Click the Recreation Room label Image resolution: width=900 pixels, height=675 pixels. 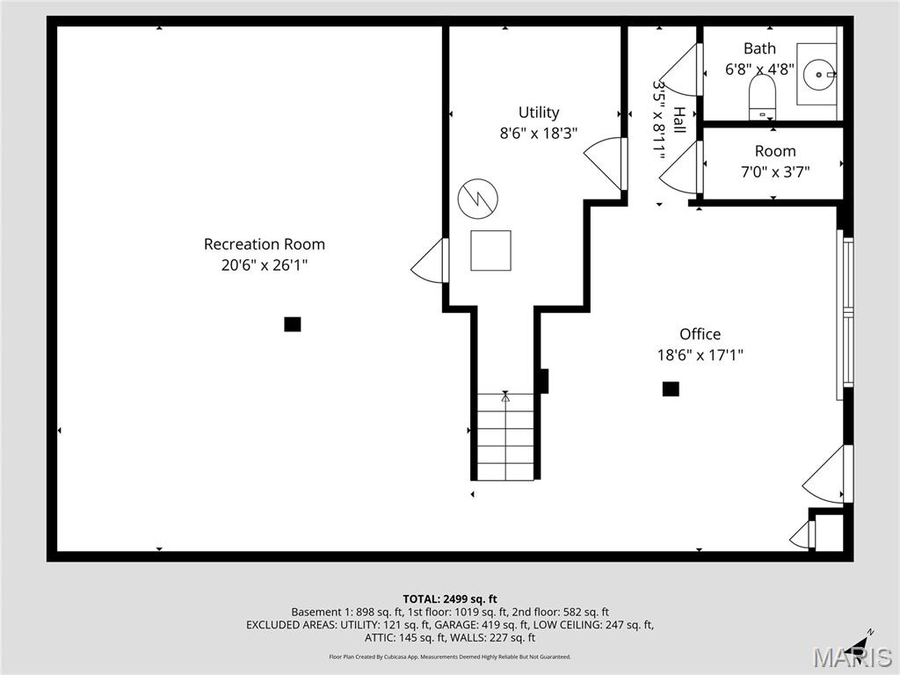265,244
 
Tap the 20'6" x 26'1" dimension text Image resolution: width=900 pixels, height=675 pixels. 265,265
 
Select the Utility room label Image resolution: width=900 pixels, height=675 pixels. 538,112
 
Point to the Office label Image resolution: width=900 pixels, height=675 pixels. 700,334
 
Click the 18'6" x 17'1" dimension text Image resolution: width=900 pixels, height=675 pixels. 700,355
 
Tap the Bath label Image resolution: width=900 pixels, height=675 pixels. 759,48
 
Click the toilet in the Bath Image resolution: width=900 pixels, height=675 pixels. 762,95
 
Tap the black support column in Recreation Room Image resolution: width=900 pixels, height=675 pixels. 293,324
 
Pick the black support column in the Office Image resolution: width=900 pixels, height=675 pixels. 671,388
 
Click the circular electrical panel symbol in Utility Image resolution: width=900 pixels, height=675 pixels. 477,199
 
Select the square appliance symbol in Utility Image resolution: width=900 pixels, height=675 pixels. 490,250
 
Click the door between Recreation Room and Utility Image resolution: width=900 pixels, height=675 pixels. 431,261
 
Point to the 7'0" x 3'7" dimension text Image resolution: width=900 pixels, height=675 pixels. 774,172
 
